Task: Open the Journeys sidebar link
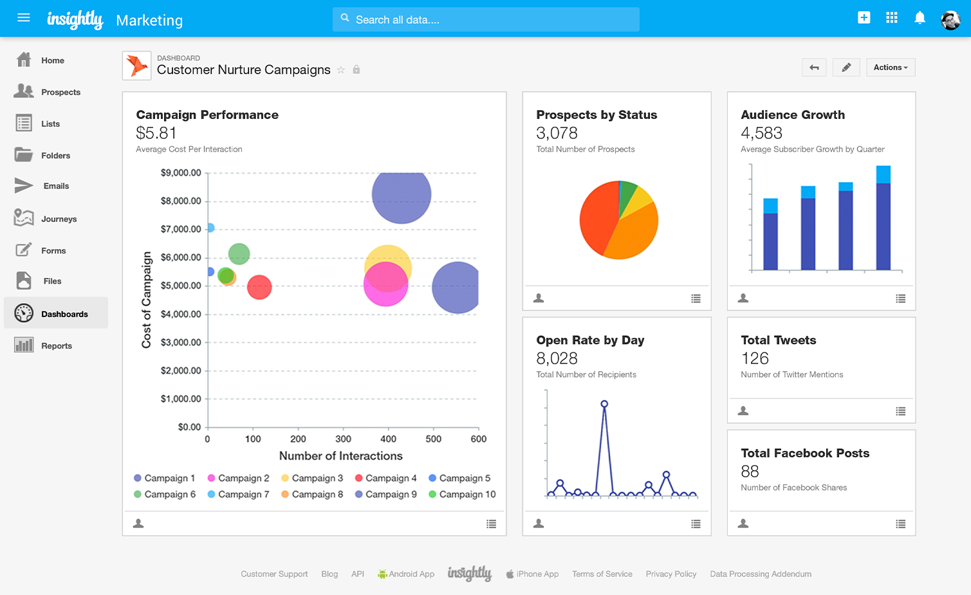pos(58,219)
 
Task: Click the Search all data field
pos(486,20)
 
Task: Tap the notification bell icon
pos(920,18)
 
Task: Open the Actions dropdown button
pos(890,68)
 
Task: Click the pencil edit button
pos(846,68)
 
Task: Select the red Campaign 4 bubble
pos(259,287)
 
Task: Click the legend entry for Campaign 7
pos(238,494)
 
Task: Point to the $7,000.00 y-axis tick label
pos(181,229)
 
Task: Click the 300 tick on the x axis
pos(343,439)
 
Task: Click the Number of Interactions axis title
pos(340,455)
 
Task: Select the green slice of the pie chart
pos(626,196)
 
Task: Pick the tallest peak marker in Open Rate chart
pos(604,404)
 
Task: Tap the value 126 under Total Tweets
pos(755,358)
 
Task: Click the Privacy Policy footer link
pos(670,574)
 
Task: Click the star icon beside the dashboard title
pos(341,69)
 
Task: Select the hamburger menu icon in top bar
pos(24,18)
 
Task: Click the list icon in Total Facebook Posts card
pos(900,524)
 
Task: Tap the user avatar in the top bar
pos(950,20)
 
